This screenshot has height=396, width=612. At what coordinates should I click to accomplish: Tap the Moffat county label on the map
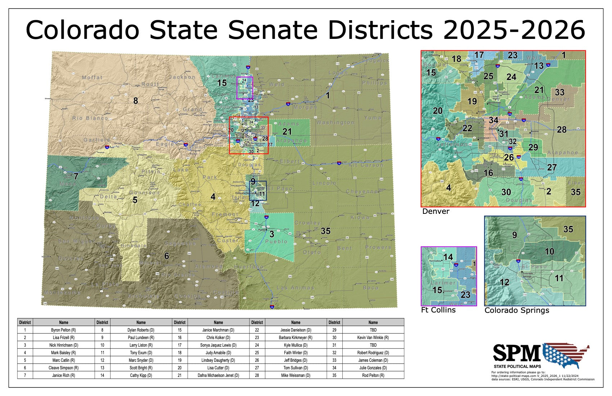click(x=92, y=77)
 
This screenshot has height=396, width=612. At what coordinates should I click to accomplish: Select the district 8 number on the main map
click(x=136, y=101)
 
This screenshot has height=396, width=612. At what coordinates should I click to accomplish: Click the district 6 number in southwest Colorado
click(x=166, y=256)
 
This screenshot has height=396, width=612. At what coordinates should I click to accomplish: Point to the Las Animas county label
click(x=295, y=288)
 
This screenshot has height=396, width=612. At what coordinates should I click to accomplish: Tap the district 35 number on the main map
click(x=325, y=231)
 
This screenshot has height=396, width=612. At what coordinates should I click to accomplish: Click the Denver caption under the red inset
click(x=436, y=211)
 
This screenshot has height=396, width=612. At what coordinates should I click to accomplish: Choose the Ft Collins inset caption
click(x=438, y=310)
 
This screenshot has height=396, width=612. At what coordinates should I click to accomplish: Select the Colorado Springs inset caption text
click(x=517, y=310)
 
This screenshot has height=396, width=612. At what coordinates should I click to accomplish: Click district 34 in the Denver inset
click(x=494, y=120)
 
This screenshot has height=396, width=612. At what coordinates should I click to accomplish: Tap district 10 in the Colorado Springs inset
click(x=549, y=252)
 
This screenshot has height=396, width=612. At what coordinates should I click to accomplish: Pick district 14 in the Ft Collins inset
click(x=448, y=257)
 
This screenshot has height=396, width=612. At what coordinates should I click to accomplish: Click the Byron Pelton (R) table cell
click(x=63, y=330)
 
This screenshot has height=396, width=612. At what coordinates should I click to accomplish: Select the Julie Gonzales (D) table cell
click(x=373, y=368)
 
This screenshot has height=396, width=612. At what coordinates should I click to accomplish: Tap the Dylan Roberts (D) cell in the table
click(x=141, y=330)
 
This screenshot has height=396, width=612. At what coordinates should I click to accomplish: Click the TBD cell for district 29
click(x=373, y=330)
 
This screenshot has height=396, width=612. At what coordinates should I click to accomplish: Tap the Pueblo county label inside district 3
click(x=276, y=242)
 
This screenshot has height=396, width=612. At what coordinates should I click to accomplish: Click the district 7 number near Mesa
click(x=76, y=176)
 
